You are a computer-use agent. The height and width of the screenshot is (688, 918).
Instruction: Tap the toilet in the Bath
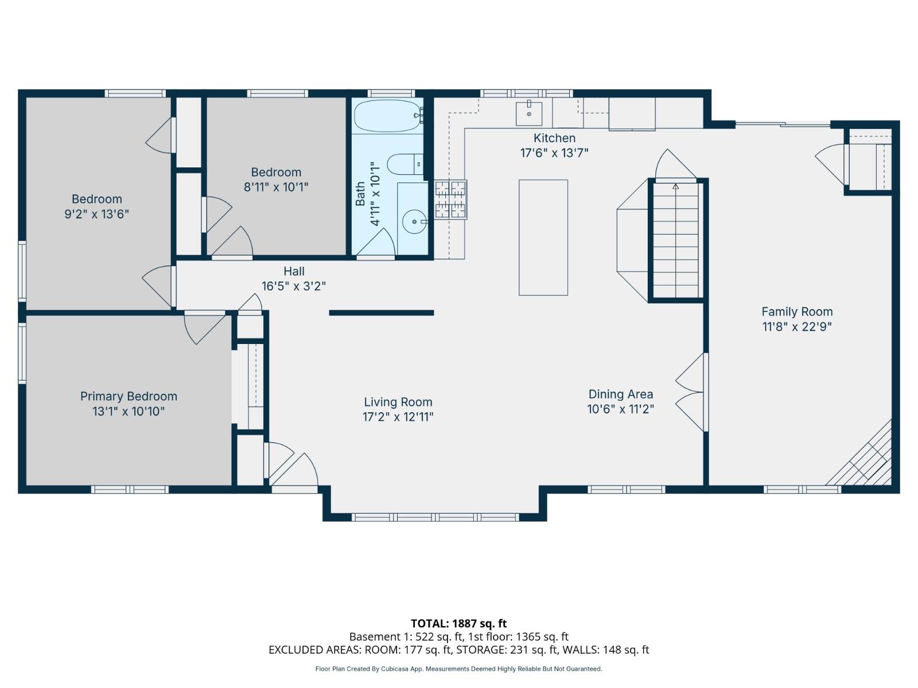click(404, 165)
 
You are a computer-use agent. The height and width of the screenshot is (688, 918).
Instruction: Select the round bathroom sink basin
click(414, 221)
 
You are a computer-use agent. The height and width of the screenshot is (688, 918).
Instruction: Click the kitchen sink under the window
click(528, 114)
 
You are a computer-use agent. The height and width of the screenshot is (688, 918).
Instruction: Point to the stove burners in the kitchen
click(450, 200)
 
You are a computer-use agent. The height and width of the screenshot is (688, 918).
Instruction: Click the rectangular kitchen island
click(543, 237)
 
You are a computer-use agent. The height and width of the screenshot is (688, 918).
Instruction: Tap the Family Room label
click(796, 312)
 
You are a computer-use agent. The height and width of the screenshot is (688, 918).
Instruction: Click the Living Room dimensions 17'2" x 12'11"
click(398, 417)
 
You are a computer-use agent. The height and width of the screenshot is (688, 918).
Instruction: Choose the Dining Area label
click(620, 394)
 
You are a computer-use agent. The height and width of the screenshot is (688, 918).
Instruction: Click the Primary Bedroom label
click(129, 396)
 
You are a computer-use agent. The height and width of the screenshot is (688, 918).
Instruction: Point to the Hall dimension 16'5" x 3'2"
click(294, 286)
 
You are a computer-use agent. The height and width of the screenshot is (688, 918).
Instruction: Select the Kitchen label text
click(554, 138)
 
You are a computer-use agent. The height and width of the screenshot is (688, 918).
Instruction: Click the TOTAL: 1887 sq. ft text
click(458, 623)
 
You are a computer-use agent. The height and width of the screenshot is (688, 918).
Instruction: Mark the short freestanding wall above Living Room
click(381, 313)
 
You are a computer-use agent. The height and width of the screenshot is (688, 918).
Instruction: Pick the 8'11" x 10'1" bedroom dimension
click(276, 187)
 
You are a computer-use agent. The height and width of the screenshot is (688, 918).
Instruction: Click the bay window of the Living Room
click(435, 517)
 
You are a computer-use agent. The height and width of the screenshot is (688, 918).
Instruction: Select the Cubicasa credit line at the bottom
click(458, 669)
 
